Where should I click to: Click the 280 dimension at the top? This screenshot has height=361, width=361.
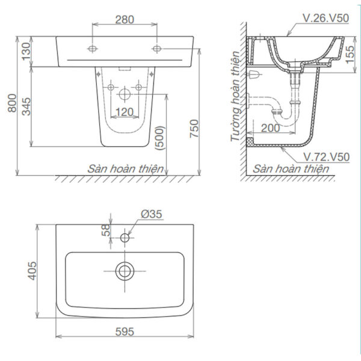[x=125, y=20]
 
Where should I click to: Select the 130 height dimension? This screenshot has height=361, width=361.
[x=25, y=52]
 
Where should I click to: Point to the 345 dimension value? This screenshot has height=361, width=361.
[x=25, y=107]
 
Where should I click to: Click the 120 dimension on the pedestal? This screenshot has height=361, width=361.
[x=125, y=111]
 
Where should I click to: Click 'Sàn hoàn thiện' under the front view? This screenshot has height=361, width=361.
[x=123, y=169]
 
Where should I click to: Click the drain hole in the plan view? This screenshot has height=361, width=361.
[x=125, y=271]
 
